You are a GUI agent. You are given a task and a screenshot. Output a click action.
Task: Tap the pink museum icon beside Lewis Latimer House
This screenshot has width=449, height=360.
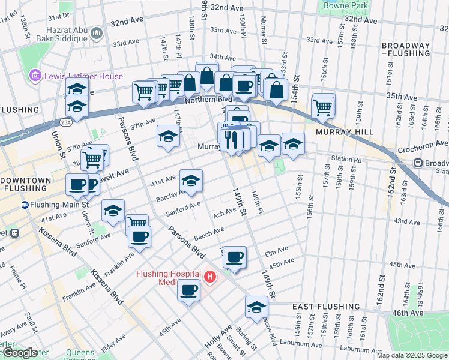[x=35, y=76]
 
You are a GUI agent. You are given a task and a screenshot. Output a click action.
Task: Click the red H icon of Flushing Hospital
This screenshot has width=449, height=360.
[x=209, y=277]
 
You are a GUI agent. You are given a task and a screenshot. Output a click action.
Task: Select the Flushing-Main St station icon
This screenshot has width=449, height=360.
[x=25, y=205]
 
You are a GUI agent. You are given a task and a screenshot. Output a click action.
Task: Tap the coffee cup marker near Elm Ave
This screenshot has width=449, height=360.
[x=234, y=257]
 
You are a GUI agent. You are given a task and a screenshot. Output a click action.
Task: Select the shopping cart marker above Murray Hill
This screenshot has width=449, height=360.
[x=323, y=107]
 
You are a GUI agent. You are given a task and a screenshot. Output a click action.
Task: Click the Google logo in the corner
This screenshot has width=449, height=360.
[x=19, y=353]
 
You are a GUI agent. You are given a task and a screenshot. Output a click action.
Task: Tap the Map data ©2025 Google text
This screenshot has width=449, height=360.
[x=411, y=355]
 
